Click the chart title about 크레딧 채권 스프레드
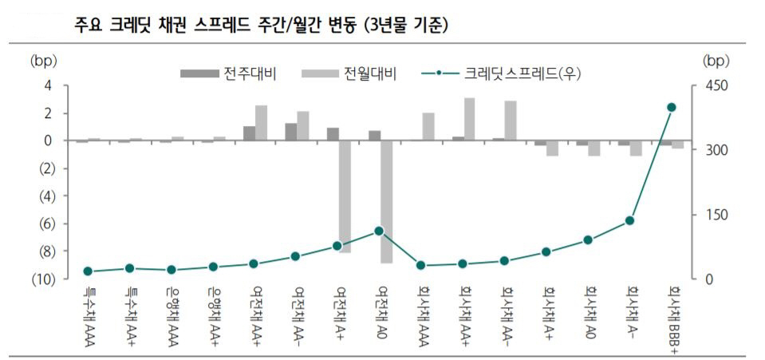[x=260, y=26]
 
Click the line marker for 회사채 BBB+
[x=671, y=108]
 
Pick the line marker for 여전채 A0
[x=379, y=231]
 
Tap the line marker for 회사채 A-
[x=629, y=220]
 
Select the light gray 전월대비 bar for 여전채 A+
[x=345, y=196]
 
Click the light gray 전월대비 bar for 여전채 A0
[x=386, y=201]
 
